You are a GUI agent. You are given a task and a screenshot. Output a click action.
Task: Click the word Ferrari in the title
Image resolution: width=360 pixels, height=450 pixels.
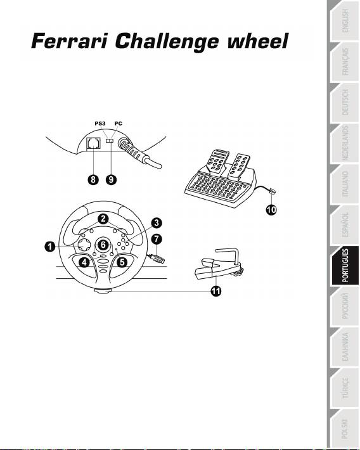tap(70, 41)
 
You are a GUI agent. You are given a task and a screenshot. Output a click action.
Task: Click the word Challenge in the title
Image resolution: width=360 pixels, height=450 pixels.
tap(167, 42)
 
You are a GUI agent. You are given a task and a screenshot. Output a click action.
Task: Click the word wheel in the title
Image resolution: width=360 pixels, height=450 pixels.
tap(257, 41)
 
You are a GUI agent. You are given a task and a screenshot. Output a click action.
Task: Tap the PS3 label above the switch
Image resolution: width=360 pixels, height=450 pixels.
tap(100, 124)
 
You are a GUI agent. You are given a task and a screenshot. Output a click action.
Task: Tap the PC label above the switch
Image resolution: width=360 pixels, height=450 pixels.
tap(119, 124)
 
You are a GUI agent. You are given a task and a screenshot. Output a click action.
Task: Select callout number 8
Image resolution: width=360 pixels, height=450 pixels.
tap(93, 179)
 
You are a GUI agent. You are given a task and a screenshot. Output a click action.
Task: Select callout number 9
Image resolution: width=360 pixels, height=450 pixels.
tap(111, 179)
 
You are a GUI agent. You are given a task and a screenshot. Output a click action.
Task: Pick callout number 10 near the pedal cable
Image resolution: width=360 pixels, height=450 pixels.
tap(271, 210)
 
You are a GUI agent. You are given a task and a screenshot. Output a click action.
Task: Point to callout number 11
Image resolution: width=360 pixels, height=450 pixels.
tap(216, 291)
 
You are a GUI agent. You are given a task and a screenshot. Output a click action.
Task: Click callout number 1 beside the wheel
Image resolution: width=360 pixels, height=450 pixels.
tap(50, 247)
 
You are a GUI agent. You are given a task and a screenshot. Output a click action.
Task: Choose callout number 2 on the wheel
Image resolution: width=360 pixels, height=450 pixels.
tap(103, 219)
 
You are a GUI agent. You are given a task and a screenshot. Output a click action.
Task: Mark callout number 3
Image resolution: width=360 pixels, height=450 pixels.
tap(157, 223)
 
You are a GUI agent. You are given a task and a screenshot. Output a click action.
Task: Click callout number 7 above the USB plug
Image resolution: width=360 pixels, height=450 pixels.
tap(157, 239)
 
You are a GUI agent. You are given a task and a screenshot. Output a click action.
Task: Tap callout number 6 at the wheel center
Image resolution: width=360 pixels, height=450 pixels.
tap(103, 245)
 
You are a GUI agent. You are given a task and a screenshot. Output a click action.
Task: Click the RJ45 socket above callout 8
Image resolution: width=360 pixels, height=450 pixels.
tap(94, 143)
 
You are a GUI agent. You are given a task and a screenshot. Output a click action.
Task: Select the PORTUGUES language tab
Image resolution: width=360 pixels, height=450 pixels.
tap(345, 266)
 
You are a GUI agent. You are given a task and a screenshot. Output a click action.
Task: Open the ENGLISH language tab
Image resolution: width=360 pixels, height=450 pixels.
tap(345, 22)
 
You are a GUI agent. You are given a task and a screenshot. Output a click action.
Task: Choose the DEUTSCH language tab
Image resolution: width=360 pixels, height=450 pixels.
tap(345, 103)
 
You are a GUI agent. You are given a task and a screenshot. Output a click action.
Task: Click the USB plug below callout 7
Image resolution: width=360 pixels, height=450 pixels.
tap(157, 258)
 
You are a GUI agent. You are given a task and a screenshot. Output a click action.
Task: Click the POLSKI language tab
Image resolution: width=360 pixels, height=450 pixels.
tap(345, 428)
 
